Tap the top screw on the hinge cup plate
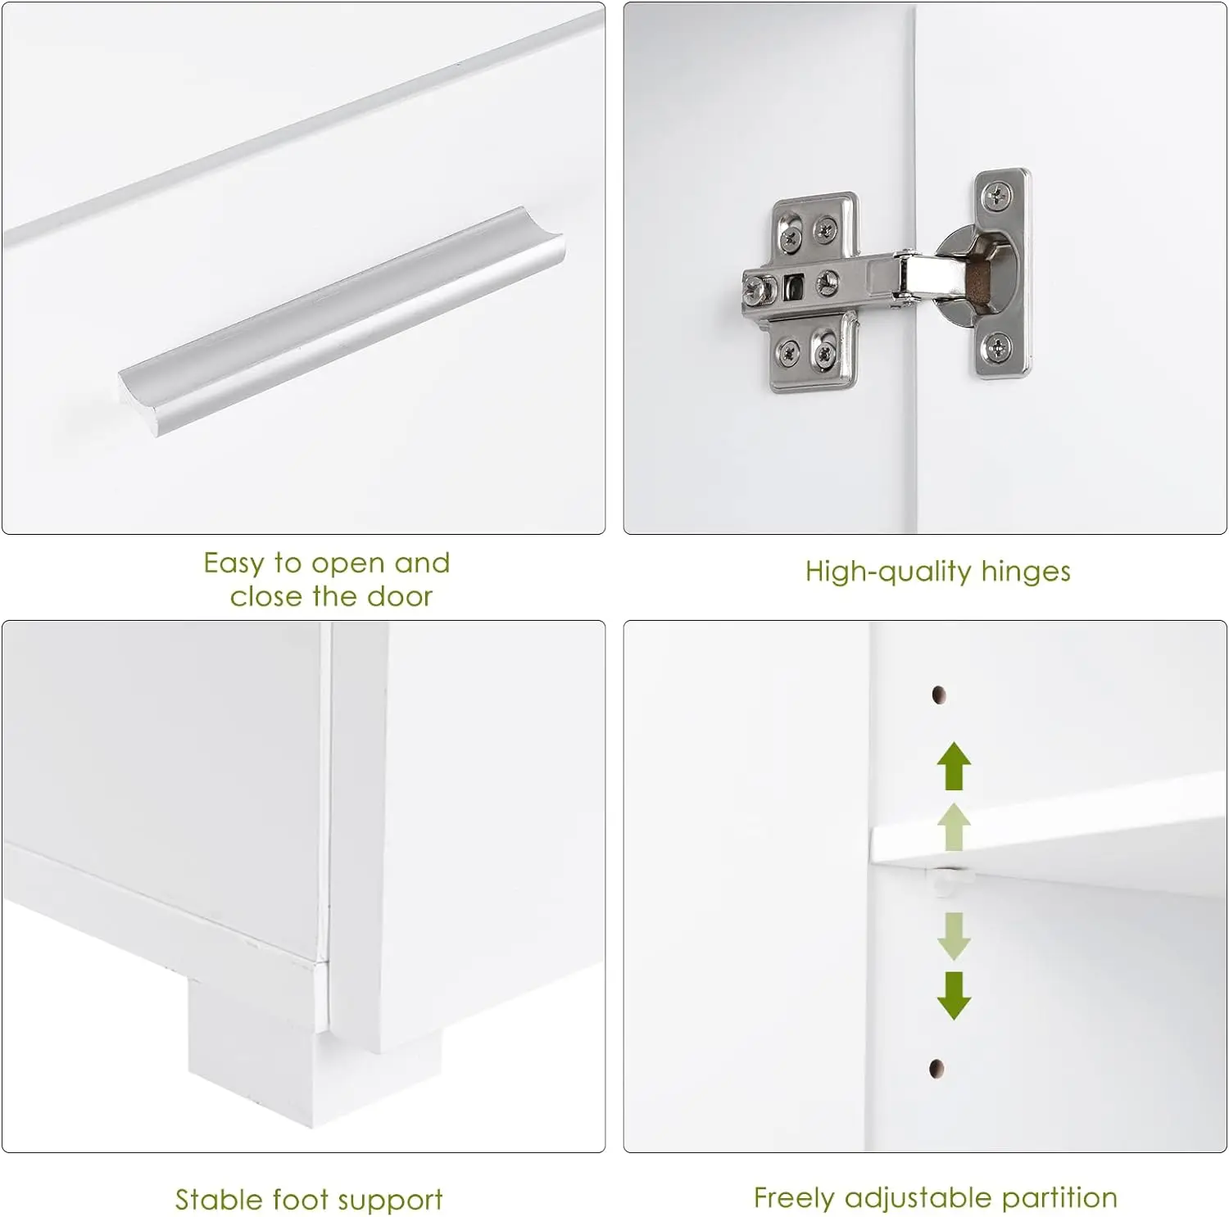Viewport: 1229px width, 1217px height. pos(997,196)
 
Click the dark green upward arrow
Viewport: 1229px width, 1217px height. pos(954,765)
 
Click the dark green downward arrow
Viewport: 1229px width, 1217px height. pos(954,995)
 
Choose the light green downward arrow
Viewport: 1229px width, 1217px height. pos(954,935)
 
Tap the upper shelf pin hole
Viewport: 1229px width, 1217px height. pos(939,695)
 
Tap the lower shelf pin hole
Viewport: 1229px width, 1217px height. pos(936,1068)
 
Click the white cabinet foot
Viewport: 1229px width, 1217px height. pos(315,1056)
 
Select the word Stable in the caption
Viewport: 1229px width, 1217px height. pos(219,1200)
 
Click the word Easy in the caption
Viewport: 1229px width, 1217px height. pos(234,563)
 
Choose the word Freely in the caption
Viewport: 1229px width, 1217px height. pos(794,1198)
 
